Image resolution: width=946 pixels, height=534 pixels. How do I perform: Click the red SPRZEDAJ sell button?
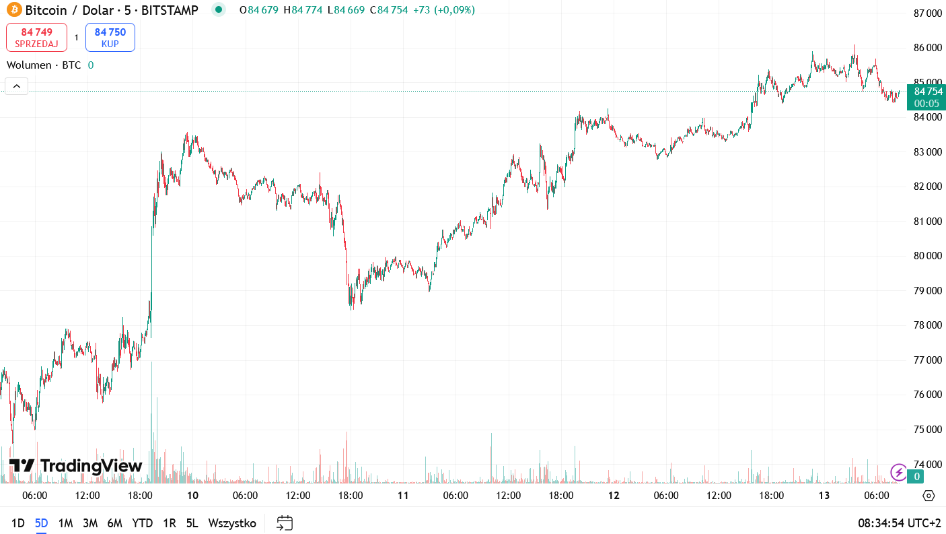point(36,37)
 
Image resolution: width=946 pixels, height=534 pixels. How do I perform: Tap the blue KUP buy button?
point(110,37)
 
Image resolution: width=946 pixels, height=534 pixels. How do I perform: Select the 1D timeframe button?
point(18,523)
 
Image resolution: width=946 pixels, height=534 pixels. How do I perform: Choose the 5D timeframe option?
point(42,523)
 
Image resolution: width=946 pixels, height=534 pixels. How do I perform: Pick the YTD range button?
point(142,523)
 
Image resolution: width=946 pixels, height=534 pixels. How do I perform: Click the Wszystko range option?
point(232,523)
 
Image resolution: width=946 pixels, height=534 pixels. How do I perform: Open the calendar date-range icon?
point(285,523)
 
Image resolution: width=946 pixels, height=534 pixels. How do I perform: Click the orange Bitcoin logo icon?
point(14,10)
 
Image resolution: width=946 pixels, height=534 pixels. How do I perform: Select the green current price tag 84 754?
point(926,92)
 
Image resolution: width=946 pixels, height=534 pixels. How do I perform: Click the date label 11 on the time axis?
point(403,496)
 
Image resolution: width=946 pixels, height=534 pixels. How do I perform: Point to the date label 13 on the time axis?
point(824,496)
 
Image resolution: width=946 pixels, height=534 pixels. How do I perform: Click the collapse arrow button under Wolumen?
point(17,86)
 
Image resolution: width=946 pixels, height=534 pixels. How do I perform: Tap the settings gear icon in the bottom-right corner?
point(929,496)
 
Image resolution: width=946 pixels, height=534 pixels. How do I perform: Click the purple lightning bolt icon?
point(898,472)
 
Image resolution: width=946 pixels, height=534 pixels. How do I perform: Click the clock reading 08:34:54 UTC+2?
point(899,523)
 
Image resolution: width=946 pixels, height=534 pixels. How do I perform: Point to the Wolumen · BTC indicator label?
point(44,65)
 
